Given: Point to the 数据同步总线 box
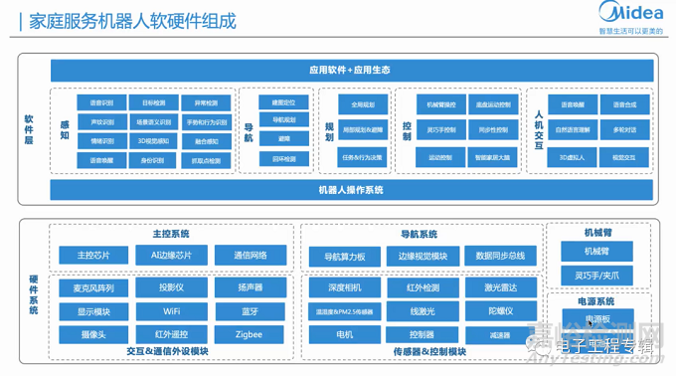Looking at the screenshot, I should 500,257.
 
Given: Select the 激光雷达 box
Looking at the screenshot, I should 500,287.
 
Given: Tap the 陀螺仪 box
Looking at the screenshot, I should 500,311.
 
